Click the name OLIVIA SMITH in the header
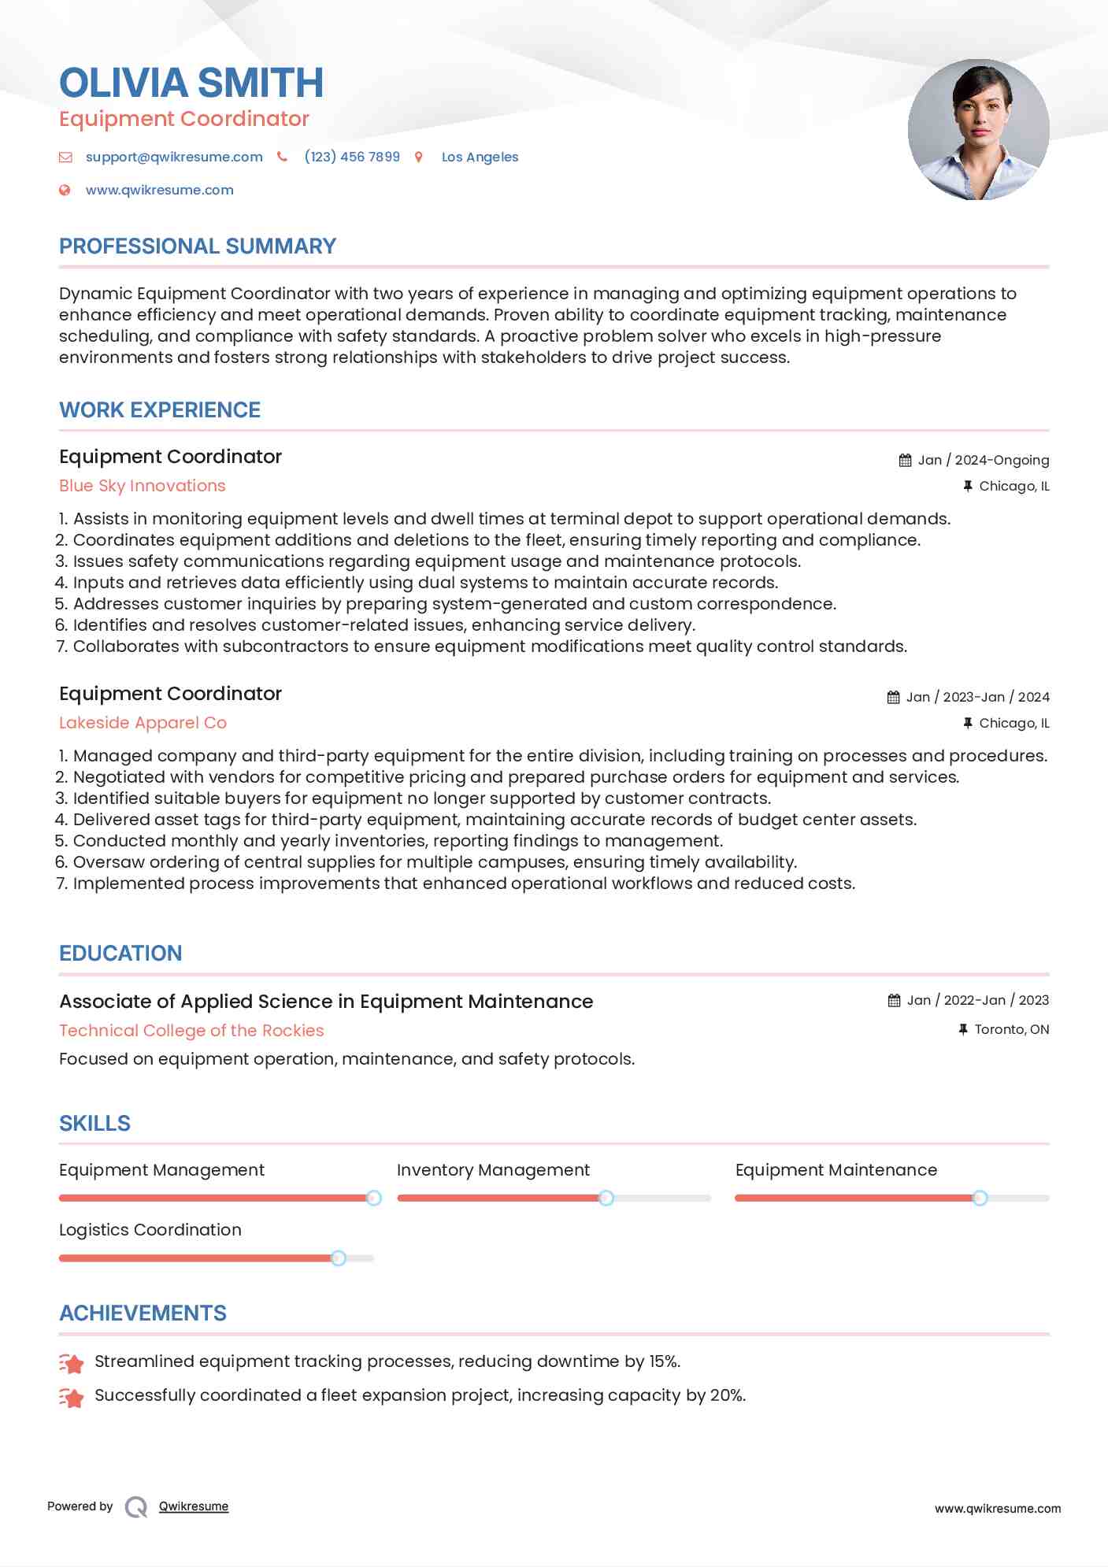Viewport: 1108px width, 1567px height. point(191,83)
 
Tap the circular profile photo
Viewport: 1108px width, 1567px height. point(978,130)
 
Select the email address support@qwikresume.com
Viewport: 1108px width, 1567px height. point(174,157)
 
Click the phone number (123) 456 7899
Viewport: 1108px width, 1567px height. point(352,157)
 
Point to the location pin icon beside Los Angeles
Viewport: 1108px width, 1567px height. point(419,157)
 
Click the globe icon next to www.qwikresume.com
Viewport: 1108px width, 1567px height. point(65,190)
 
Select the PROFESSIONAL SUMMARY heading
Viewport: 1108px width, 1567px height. point(198,246)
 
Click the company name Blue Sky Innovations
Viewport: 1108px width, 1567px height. point(143,486)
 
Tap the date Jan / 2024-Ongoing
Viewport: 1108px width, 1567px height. point(983,460)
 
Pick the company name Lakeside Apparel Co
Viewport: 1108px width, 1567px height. point(143,723)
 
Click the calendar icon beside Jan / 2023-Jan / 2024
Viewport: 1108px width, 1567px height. point(893,698)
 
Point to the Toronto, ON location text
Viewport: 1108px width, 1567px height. point(1011,1029)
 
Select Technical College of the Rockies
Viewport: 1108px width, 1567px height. point(191,1031)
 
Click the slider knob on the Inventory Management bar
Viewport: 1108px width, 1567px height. point(606,1198)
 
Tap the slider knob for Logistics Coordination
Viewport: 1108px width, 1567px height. point(339,1258)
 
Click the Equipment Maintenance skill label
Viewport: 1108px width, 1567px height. point(836,1170)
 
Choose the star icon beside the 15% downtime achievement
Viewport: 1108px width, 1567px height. point(72,1363)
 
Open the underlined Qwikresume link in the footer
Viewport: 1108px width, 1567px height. point(194,1506)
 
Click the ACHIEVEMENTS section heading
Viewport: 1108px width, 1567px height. point(143,1313)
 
